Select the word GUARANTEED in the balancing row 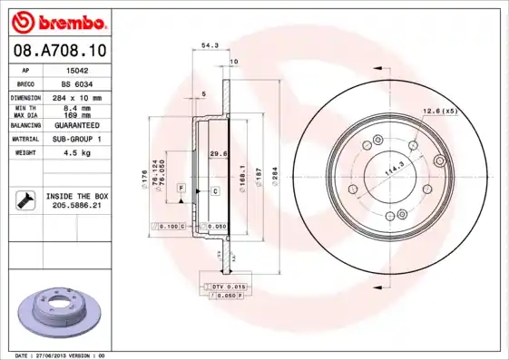(x=73, y=125)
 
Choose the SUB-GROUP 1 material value (x=73, y=140)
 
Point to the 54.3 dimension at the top (x=210, y=44)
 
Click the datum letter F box (x=182, y=188)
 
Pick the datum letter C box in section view (x=215, y=191)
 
